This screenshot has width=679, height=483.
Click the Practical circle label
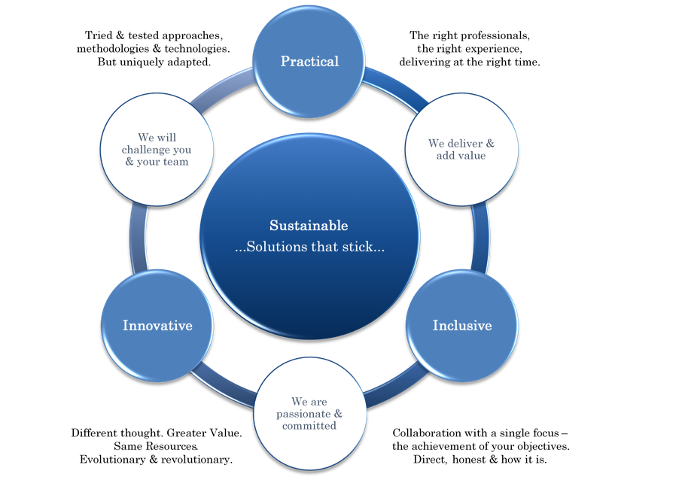point(309,61)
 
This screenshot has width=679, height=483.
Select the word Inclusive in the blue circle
point(461,326)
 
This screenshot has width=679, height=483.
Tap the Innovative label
point(157,326)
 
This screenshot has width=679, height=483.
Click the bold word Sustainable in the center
point(309,226)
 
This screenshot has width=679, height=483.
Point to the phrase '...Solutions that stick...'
point(309,247)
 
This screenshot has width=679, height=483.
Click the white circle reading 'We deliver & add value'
point(461,149)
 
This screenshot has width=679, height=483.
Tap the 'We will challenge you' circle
point(157,149)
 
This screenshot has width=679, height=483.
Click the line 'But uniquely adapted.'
point(153,62)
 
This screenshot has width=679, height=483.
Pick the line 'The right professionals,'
point(470,35)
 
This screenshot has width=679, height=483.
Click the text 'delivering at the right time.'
point(470,62)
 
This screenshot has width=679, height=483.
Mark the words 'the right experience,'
point(470,48)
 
